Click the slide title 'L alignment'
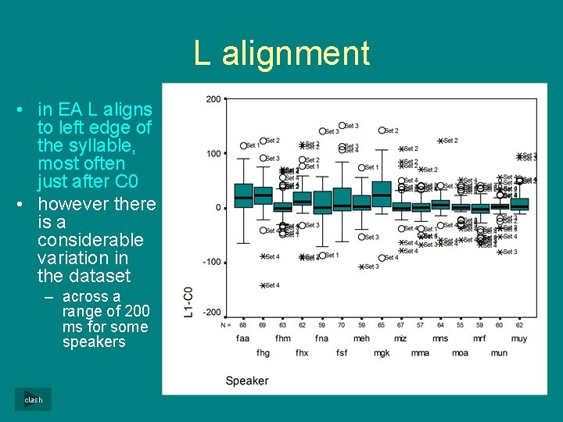281,54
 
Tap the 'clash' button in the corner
33,399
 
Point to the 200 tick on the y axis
213,99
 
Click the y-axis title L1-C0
188,302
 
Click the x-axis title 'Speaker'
246,381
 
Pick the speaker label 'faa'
243,338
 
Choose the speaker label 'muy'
519,338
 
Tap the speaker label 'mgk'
381,352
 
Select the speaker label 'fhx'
302,352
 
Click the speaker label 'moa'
460,352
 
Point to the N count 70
342,324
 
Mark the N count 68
243,324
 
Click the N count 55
460,324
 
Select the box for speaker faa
244,195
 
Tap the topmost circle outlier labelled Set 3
342,126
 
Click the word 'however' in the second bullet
74,205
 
